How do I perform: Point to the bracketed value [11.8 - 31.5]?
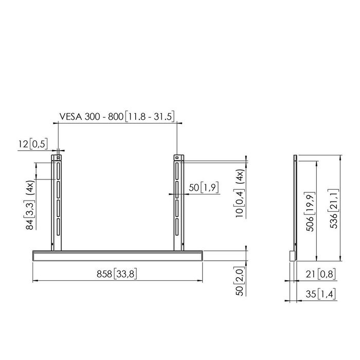[x=149, y=118]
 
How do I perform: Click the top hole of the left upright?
[x=59, y=157]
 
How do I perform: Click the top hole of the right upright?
[x=177, y=157]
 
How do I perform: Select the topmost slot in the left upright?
[x=59, y=170]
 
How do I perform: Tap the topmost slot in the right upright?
[x=177, y=170]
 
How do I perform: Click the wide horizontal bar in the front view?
[x=118, y=255]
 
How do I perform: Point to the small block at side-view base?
[x=292, y=255]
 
